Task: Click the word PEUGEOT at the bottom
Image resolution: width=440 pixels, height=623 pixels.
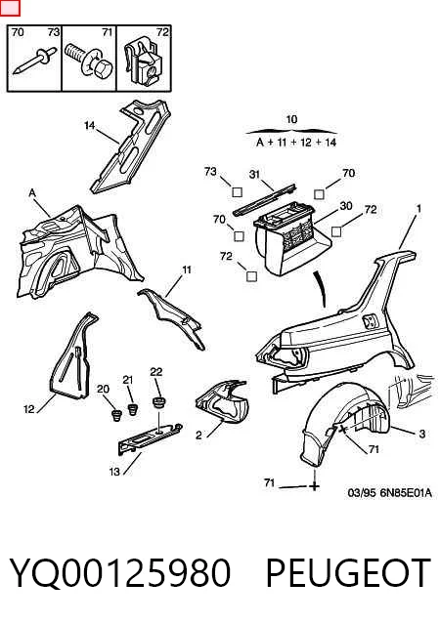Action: click(348, 572)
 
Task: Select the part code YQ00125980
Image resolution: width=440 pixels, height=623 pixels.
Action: click(120, 573)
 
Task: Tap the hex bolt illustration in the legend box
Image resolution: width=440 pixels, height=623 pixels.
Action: click(90, 61)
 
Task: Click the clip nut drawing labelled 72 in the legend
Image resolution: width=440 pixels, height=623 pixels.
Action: click(143, 62)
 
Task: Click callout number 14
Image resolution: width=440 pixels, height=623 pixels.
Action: click(90, 126)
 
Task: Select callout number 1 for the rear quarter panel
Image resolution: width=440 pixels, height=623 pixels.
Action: click(418, 208)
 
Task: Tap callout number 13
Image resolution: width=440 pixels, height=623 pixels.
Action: click(114, 472)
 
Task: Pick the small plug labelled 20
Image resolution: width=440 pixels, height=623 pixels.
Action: click(116, 415)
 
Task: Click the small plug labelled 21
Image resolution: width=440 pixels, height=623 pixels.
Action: click(132, 409)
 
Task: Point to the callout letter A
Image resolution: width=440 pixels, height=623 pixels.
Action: click(32, 193)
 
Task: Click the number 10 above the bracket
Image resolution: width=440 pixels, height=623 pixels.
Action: click(291, 119)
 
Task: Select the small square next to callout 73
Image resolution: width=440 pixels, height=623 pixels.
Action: click(237, 192)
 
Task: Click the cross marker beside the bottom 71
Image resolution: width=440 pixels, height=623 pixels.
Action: click(314, 486)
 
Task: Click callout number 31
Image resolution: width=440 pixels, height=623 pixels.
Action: click(254, 174)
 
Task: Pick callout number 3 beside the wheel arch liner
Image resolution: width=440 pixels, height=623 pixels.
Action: click(422, 434)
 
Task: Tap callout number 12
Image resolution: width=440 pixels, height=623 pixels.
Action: click(29, 409)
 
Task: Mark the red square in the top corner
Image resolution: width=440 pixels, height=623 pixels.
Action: click(10, 8)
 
